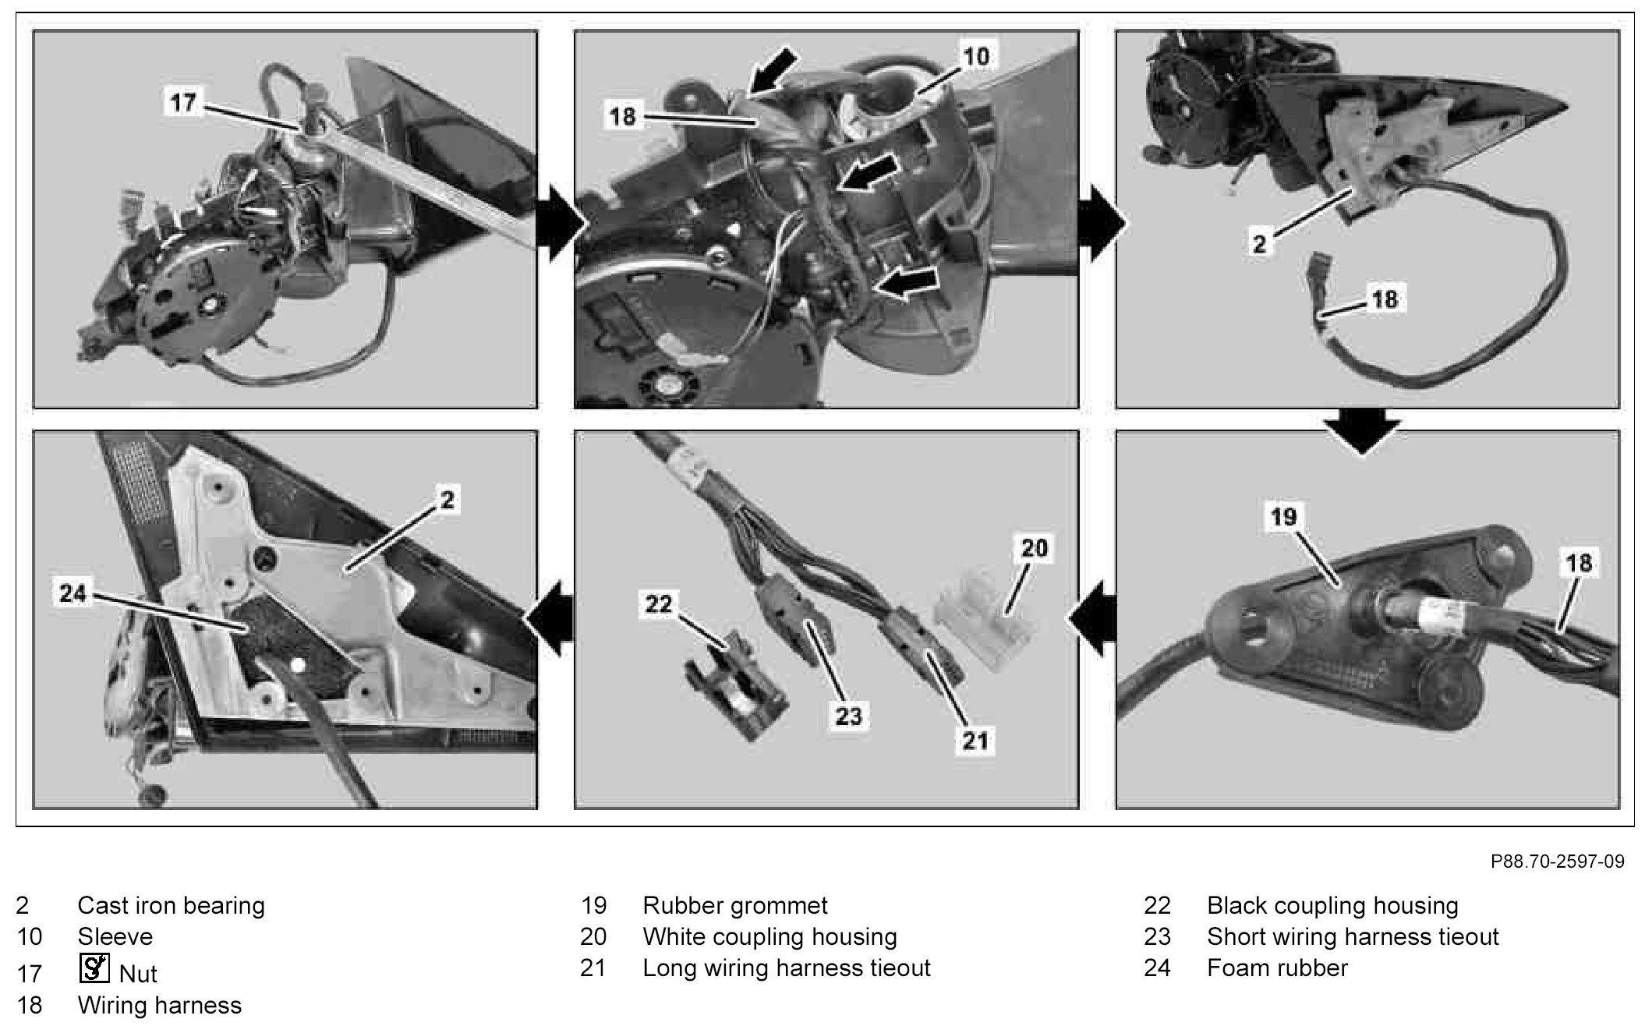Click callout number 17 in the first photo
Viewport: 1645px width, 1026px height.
tap(183, 102)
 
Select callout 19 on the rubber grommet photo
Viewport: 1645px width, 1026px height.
tap(1282, 516)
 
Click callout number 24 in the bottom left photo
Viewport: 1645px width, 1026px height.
tap(73, 594)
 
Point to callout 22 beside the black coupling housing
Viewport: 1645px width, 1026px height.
tap(658, 603)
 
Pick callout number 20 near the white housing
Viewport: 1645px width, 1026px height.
tap(1034, 548)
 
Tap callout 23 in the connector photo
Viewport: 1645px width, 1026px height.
tap(847, 715)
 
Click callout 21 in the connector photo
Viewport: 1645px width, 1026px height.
tap(975, 740)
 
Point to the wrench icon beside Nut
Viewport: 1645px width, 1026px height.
tap(94, 968)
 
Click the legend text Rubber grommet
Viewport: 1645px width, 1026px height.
tap(734, 905)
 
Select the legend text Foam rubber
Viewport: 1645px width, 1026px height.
tap(1277, 968)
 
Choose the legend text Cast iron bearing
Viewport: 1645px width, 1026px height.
tap(171, 905)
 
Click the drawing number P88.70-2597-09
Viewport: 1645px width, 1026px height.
tap(1557, 861)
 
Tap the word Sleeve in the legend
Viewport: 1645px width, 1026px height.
tap(115, 936)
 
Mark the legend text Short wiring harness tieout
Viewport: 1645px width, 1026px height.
tap(1353, 936)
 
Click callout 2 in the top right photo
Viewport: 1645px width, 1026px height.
tap(1259, 243)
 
